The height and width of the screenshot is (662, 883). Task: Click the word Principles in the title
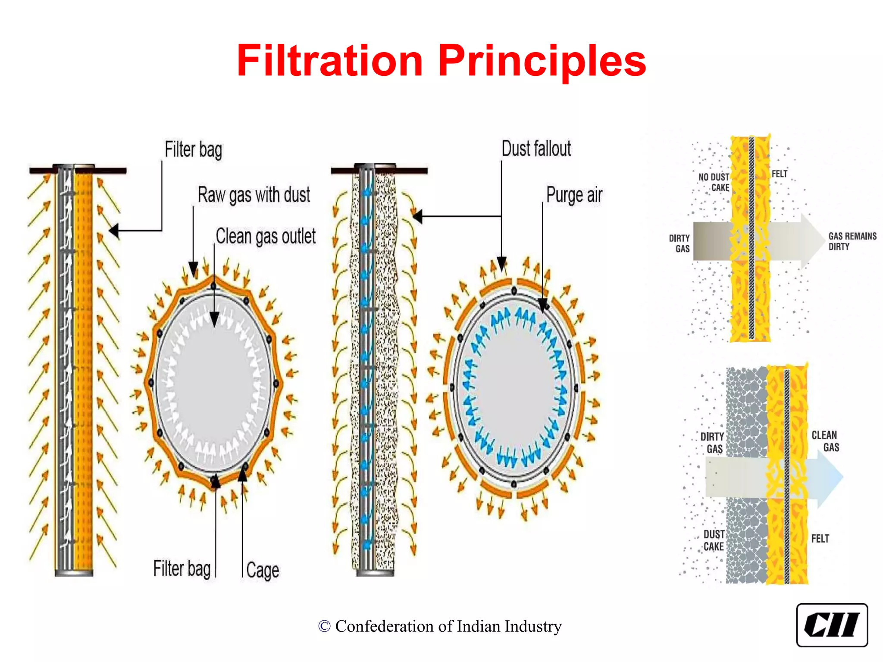[x=542, y=61]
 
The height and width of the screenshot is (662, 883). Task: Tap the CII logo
[x=832, y=625]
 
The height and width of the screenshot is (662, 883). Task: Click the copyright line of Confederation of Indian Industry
[x=440, y=626]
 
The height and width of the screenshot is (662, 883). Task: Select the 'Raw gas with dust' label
[x=254, y=195]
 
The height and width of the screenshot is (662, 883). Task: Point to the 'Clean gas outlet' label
[x=266, y=236]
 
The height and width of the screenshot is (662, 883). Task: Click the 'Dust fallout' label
[x=536, y=149]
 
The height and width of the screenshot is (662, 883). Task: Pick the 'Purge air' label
[x=574, y=195]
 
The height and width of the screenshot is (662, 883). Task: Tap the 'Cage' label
[x=263, y=570]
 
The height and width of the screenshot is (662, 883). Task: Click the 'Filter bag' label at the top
[x=193, y=150]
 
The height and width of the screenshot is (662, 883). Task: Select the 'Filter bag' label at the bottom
[x=182, y=568]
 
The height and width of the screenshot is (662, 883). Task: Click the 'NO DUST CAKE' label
[x=714, y=182]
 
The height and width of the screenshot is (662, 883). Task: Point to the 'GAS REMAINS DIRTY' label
[x=852, y=241]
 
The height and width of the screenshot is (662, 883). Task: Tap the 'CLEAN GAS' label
[x=825, y=441]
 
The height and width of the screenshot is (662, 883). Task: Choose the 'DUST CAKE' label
[x=714, y=540]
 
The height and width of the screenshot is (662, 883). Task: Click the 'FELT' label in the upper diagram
[x=779, y=174]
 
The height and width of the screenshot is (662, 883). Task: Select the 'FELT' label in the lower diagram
[x=820, y=539]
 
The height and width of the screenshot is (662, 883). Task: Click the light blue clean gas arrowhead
[x=830, y=477]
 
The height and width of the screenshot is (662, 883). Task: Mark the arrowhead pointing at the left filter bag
[x=114, y=231]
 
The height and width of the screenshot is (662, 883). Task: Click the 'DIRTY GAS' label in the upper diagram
[x=679, y=243]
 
